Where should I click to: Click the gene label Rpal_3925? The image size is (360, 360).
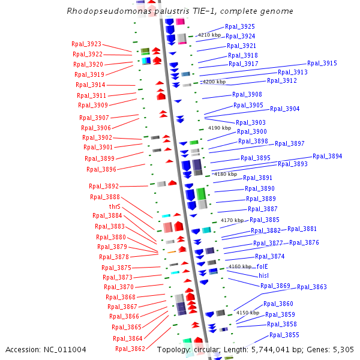(x=239, y=27)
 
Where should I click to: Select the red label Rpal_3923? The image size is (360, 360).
(x=86, y=44)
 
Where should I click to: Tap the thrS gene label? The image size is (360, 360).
(x=115, y=206)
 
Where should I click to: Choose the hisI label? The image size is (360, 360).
(x=264, y=276)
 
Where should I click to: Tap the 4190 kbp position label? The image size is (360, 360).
(x=219, y=128)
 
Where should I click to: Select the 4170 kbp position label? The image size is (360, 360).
(x=232, y=221)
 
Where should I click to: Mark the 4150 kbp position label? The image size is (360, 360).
(x=247, y=313)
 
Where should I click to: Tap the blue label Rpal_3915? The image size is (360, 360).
(x=322, y=63)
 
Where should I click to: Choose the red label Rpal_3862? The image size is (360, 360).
(x=130, y=349)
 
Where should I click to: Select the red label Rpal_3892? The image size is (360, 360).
(x=104, y=186)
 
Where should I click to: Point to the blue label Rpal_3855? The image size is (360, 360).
(x=284, y=335)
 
